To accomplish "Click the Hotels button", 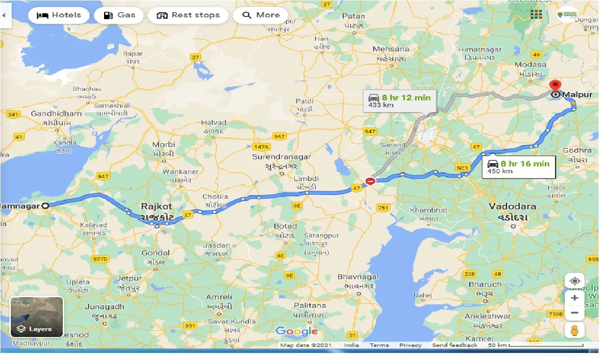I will click(59, 15).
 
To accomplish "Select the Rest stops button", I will click(188, 15).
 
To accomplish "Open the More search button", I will click(261, 15).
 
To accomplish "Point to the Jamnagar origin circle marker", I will click(45, 205).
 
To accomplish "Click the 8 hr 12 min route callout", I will click(399, 101).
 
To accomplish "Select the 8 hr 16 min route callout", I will click(518, 166).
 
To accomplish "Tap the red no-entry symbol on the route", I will click(370, 181).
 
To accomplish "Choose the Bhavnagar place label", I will click(358, 277).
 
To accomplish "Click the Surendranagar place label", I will click(281, 157).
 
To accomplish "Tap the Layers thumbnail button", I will click(37, 317).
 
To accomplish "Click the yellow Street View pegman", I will click(575, 330).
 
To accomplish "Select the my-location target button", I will click(575, 281).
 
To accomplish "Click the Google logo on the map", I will click(296, 331).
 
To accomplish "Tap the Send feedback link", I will click(454, 345).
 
